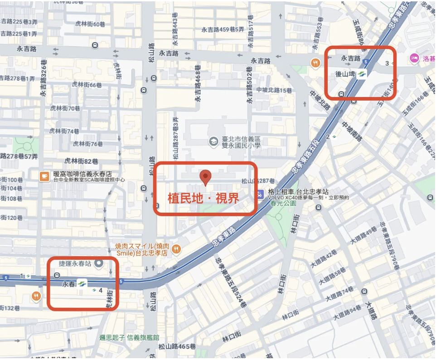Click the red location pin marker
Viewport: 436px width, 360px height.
[x=206, y=177]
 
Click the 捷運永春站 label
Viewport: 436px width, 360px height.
[x=75, y=263]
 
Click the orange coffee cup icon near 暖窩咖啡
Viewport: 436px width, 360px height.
[x=44, y=176]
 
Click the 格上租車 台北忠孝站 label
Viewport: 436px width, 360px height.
[x=294, y=191]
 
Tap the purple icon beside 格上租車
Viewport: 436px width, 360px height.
[x=260, y=195]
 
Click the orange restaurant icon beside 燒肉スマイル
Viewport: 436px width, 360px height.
[x=177, y=248]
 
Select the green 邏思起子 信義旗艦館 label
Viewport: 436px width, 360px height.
[x=129, y=337]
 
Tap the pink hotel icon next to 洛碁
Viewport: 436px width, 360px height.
[x=413, y=58]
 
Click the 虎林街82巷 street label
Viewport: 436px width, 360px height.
[x=81, y=161]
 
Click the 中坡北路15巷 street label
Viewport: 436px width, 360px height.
[x=274, y=90]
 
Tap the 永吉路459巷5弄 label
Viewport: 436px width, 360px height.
[x=223, y=29]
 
